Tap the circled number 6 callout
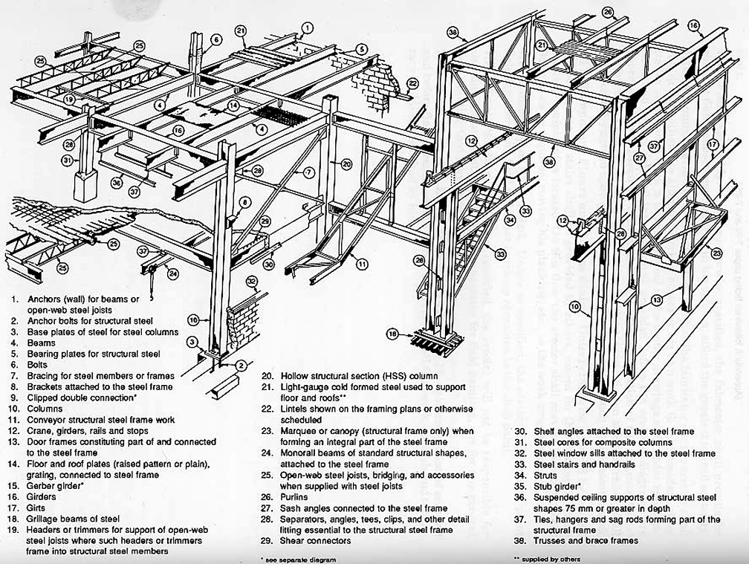pos(215,39)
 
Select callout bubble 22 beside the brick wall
pos(413,83)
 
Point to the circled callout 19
pos(68,99)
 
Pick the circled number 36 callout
pos(116,182)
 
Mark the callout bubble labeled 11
pos(360,262)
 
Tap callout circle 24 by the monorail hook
pos(172,273)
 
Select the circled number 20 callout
pos(346,163)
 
